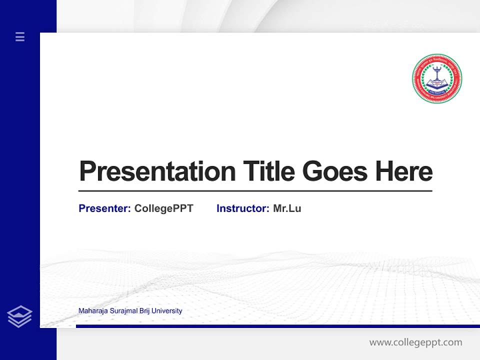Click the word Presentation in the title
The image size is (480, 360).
157,171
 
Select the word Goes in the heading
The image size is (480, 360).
335,171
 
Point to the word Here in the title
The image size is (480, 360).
403,171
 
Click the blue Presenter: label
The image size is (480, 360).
104,208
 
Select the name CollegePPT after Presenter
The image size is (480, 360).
163,208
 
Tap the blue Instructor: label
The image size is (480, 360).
242,208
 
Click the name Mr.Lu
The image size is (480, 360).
287,208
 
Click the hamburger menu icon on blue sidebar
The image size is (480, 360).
20,36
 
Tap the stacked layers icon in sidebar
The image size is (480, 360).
19,316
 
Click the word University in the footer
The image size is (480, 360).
166,311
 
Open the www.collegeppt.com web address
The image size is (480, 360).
415,342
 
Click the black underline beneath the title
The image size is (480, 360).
255,191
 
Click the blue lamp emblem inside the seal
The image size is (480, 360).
437,76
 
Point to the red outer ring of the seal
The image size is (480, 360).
437,56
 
